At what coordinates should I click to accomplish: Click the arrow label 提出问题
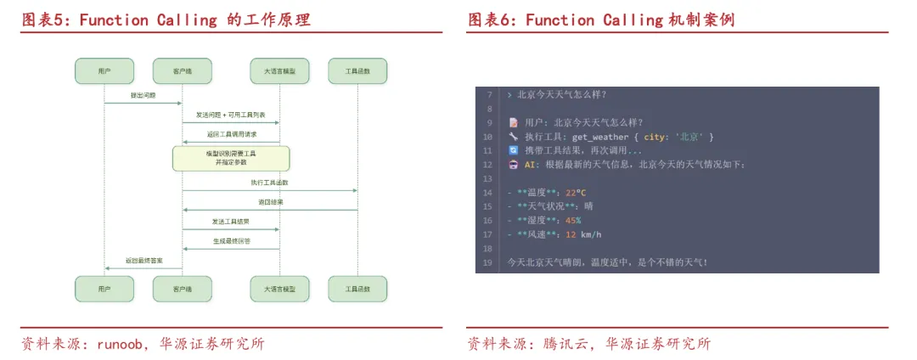coord(143,95)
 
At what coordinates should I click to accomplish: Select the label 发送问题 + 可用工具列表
coord(231,115)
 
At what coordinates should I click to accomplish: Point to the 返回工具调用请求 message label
coord(231,134)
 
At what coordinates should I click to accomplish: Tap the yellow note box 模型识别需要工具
coord(231,157)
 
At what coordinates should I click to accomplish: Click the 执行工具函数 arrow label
coord(269,183)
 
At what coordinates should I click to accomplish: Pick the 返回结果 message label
coord(271,202)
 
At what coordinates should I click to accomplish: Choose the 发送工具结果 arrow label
coord(231,222)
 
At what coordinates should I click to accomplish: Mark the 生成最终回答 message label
coord(231,241)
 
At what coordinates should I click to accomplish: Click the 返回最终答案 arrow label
coord(143,261)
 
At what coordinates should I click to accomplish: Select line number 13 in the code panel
coord(487,179)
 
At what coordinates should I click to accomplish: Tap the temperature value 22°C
coord(576,193)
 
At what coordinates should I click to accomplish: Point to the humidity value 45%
coord(573,221)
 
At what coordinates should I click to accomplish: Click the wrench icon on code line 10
coord(513,137)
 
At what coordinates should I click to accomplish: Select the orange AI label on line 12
coord(532,165)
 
